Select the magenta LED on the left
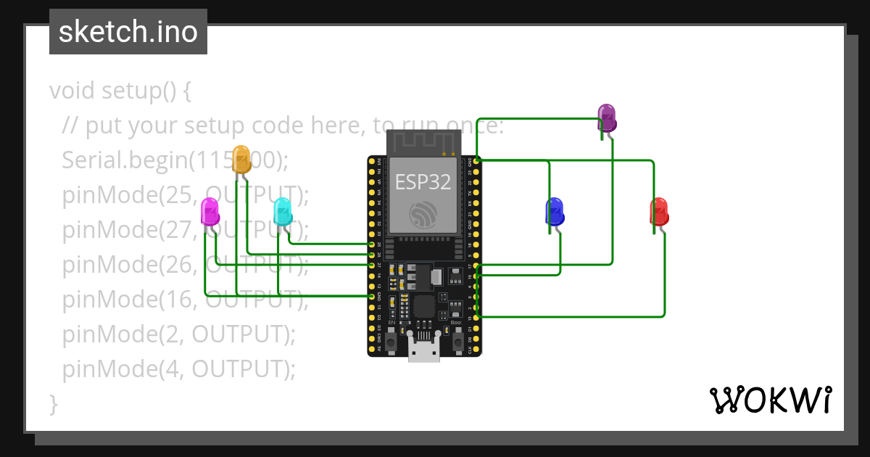tap(210, 213)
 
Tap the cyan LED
tap(283, 212)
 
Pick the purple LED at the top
tap(607, 118)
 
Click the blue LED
tap(555, 212)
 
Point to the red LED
tap(659, 212)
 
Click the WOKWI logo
tap(770, 400)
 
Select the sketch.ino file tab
tap(128, 32)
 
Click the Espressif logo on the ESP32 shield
tap(423, 214)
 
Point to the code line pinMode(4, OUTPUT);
tap(179, 369)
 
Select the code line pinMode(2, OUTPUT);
tap(179, 334)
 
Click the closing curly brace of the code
tap(53, 403)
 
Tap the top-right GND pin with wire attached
tap(476, 160)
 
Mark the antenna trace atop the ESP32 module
tap(423, 143)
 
